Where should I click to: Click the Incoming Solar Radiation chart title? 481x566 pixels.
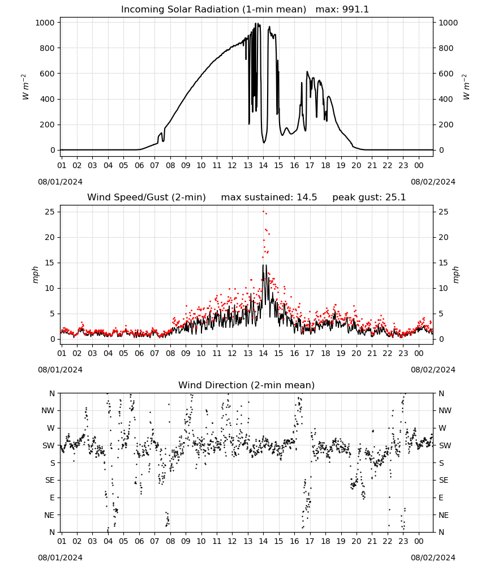point(213,10)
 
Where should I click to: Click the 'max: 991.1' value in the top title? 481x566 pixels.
point(342,10)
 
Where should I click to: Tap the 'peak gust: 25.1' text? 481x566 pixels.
point(369,198)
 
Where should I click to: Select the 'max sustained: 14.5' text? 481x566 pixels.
point(269,198)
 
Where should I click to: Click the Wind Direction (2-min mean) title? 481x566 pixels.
point(247,385)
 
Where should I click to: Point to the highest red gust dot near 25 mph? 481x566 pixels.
point(263,212)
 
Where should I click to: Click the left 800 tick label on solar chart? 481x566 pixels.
point(48,48)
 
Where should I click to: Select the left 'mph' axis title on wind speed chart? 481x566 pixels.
point(35,275)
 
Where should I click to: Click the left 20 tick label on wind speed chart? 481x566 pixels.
point(50,238)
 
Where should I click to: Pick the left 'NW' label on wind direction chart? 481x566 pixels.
point(48,411)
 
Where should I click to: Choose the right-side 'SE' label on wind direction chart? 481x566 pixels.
point(444,481)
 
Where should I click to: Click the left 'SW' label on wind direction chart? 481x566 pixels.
point(48,445)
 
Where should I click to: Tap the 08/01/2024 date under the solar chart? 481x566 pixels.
point(60,182)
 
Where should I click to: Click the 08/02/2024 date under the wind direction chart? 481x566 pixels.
point(433,558)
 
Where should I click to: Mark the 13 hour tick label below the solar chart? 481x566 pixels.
point(248,166)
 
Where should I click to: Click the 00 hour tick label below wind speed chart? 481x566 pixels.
point(419,353)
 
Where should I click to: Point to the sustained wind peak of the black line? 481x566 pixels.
point(263,265)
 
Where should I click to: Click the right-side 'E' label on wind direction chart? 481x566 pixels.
point(441,498)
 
